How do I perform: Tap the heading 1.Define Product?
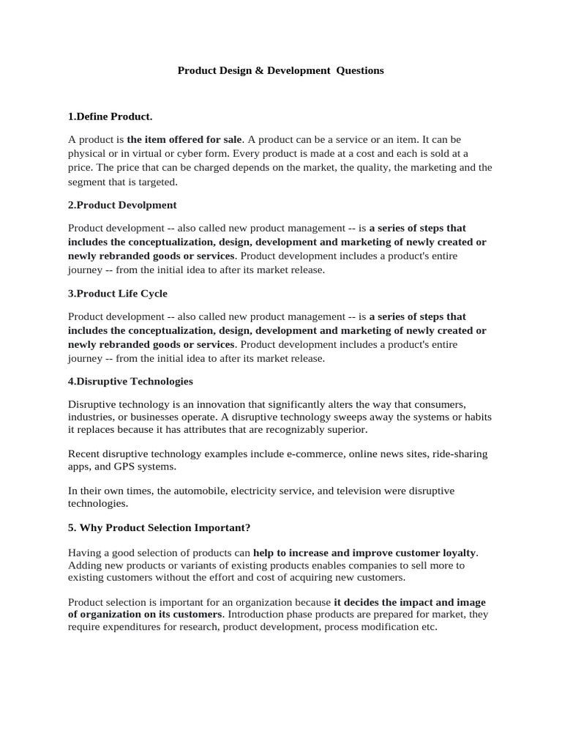pos(110,116)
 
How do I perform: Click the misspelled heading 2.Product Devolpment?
pos(122,205)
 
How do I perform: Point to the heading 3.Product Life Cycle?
pos(118,294)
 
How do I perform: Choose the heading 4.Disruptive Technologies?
pos(130,382)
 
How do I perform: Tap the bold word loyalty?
pos(456,552)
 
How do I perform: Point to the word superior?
pos(348,429)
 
